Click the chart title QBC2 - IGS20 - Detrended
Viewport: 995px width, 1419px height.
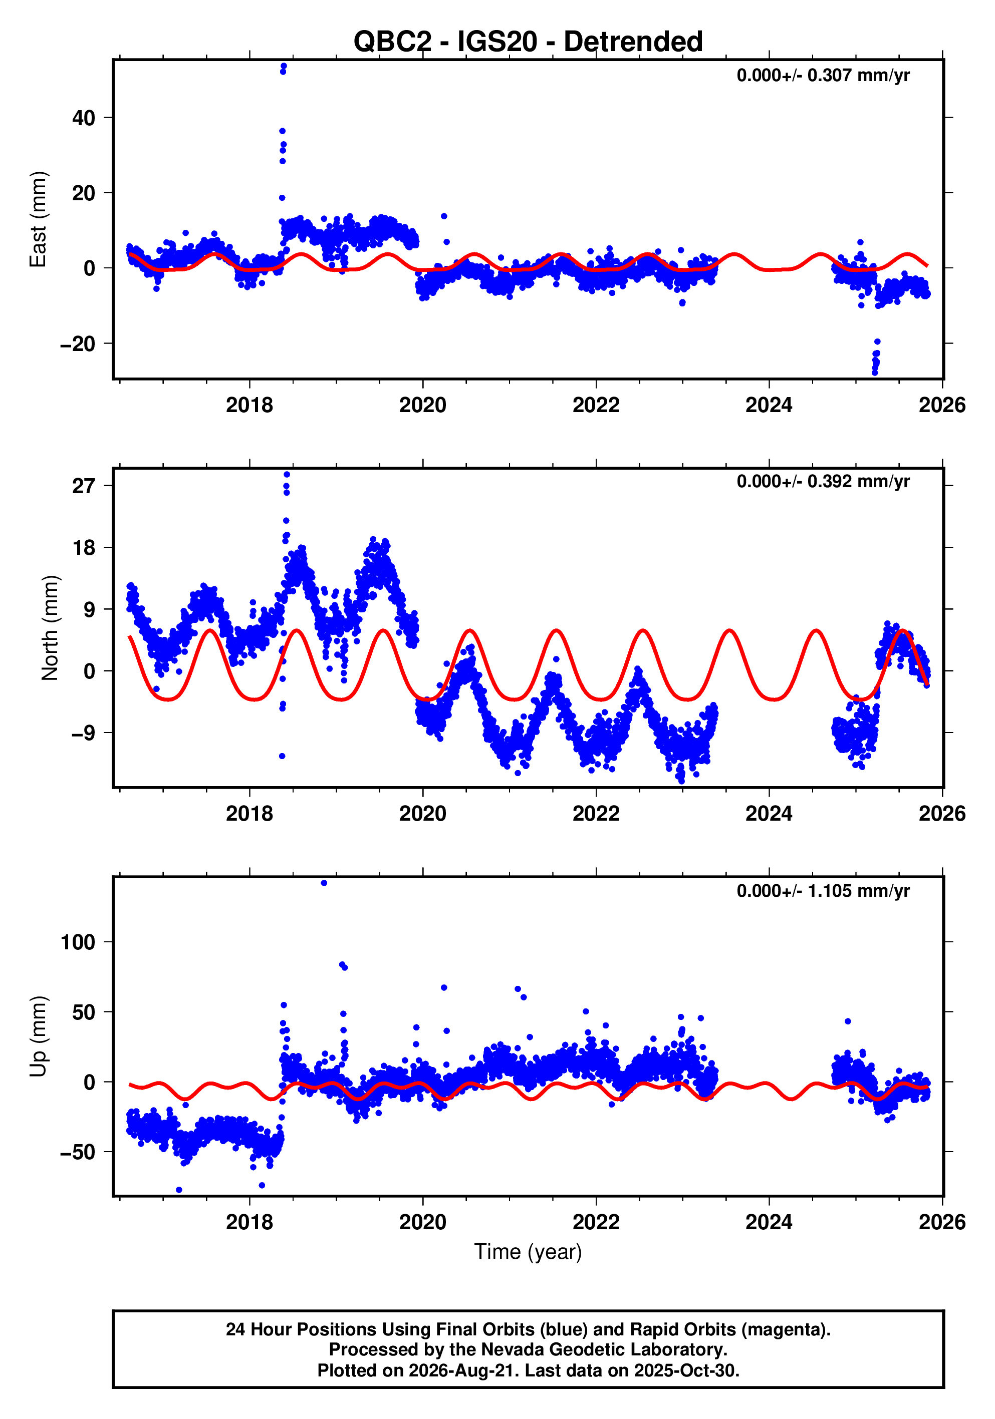[528, 42]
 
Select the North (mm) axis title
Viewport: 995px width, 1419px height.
[50, 628]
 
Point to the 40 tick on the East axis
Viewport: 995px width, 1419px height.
[84, 118]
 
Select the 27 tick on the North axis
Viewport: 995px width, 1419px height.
[84, 486]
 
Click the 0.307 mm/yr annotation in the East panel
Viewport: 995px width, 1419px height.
[823, 76]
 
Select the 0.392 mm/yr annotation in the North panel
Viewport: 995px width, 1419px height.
[823, 482]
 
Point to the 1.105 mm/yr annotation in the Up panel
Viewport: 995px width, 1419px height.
[823, 891]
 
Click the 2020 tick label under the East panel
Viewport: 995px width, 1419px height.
[422, 406]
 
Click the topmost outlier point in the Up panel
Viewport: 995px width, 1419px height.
[324, 883]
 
